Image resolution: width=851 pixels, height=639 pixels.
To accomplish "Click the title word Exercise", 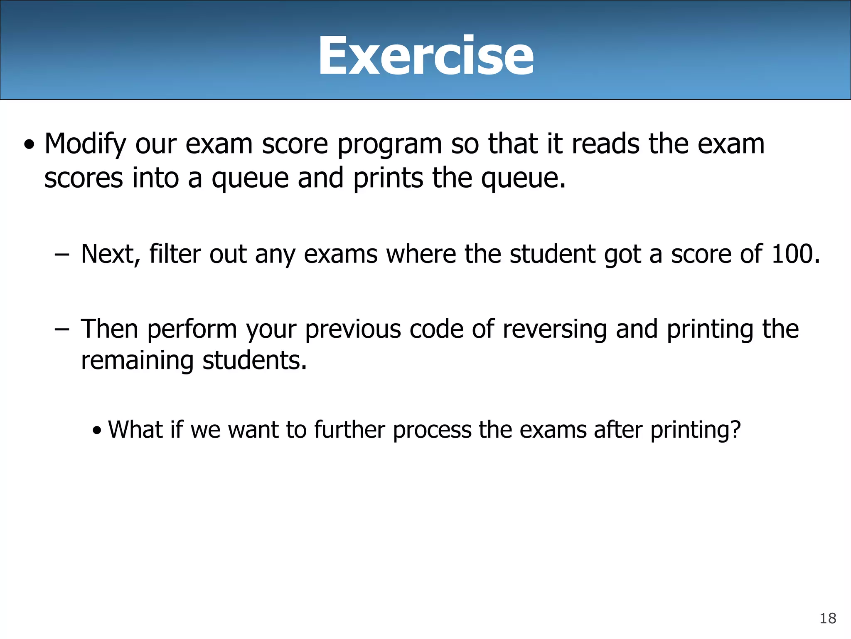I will tap(425, 56).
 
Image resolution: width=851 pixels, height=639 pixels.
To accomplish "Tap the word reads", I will tap(606, 144).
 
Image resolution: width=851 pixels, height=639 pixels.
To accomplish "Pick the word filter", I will tap(175, 254).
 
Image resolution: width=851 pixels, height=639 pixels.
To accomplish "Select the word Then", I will tap(109, 329).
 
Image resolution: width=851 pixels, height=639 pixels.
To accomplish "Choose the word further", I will tap(349, 429).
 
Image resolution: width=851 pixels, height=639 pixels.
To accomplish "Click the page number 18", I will tap(828, 619).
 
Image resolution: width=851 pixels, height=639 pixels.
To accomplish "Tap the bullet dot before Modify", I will tap(29, 146).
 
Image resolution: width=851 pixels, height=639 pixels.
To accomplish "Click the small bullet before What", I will tap(97, 431).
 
